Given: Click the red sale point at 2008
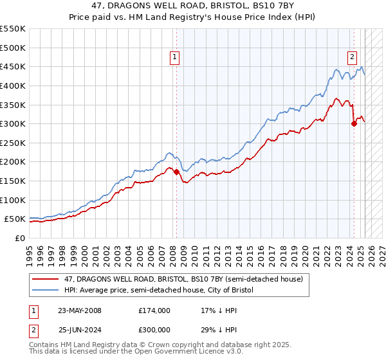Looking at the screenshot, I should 176,172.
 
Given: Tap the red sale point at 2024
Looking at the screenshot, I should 354,124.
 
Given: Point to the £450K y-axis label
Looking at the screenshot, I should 13,66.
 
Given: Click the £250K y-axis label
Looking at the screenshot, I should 13,143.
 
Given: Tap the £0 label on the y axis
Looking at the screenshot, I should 19,238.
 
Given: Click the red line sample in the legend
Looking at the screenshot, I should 46,280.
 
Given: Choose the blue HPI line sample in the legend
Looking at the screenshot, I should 46,290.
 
